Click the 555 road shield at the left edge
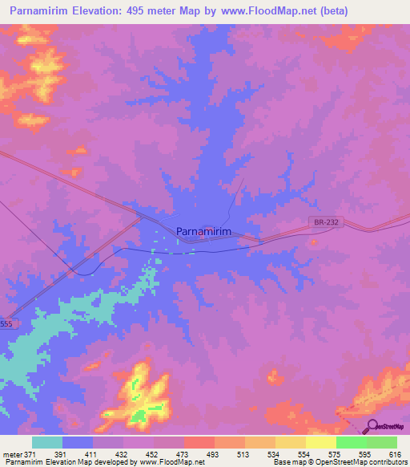point(6,323)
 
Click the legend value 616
point(396,454)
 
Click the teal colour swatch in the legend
point(47,442)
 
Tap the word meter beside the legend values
point(12,454)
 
